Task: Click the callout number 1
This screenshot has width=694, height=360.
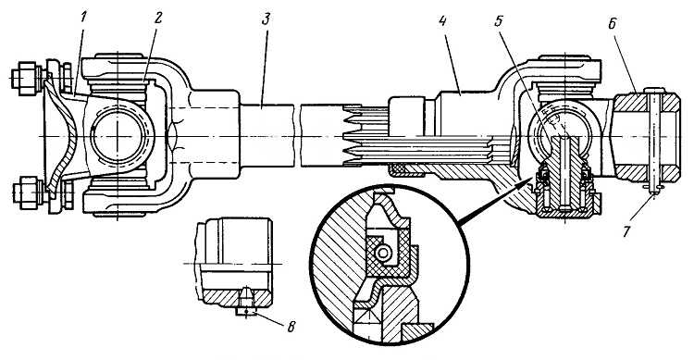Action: pyautogui.click(x=84, y=19)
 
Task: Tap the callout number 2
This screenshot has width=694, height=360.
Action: pyautogui.click(x=158, y=19)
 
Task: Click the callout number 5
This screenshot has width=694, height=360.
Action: pyautogui.click(x=499, y=21)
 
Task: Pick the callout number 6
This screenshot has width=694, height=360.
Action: pyautogui.click(x=613, y=22)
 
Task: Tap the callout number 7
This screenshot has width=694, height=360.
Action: pyautogui.click(x=626, y=231)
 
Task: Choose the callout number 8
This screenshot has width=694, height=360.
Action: pyautogui.click(x=291, y=327)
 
